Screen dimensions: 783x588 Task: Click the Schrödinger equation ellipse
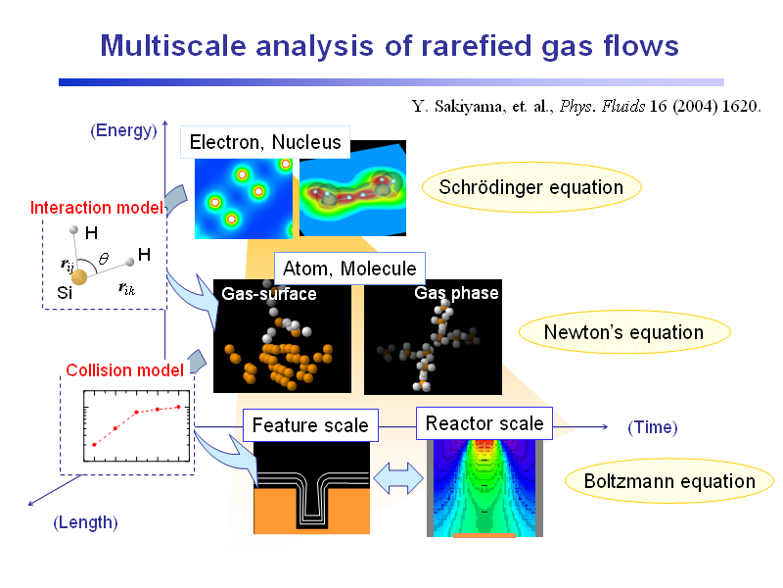[531, 187]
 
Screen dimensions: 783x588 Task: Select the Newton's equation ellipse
[624, 332]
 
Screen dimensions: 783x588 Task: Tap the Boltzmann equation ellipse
[669, 481]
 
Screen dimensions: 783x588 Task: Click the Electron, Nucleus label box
[265, 142]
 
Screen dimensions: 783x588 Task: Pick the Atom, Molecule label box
[349, 269]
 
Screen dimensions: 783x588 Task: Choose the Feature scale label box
[310, 425]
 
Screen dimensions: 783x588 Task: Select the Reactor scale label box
[484, 423]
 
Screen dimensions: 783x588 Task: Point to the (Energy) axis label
[123, 130]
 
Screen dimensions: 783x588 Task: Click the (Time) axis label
[653, 427]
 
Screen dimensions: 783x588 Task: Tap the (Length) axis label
[85, 522]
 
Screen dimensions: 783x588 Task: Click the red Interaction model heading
[96, 208]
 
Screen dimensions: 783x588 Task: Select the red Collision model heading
[125, 370]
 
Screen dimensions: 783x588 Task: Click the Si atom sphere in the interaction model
[79, 276]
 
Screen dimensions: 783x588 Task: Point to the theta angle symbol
[104, 259]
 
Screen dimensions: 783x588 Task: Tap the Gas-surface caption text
[269, 293]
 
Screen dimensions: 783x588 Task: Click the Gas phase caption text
[456, 293]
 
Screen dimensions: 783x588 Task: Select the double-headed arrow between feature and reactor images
[398, 478]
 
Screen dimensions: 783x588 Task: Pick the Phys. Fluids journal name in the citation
[602, 107]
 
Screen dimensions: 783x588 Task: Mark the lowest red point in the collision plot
[94, 445]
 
